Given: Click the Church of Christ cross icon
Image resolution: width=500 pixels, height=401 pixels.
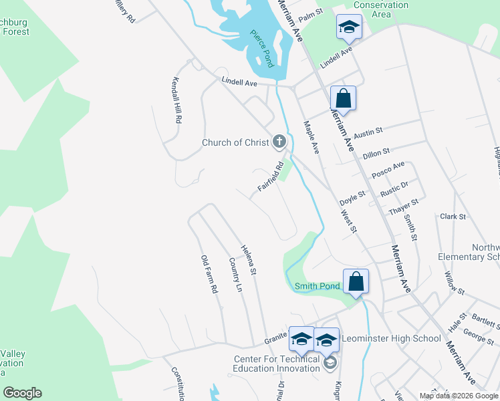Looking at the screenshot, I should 279,142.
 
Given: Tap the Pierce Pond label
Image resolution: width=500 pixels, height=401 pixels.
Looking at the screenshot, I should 263,49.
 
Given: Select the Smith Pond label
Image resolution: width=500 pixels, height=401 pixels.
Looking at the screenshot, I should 318,286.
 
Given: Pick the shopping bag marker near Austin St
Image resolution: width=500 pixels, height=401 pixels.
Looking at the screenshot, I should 343,99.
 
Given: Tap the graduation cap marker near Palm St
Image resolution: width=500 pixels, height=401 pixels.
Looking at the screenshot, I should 348,27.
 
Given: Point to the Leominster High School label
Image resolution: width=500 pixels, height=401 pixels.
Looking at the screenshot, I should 391,338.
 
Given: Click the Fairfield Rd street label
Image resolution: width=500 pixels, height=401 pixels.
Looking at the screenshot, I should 271,177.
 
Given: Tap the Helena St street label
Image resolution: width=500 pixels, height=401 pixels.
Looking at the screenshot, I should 249,259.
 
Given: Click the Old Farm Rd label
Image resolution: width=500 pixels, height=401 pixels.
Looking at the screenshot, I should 210,274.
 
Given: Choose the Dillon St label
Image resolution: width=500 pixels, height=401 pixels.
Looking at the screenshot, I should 376,153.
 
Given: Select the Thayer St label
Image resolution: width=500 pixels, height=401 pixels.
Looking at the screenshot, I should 404,207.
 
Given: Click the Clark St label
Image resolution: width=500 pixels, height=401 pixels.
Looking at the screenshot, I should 453,217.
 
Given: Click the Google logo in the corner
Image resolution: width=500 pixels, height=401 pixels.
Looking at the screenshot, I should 22,393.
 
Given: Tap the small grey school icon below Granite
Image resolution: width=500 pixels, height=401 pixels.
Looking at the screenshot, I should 329,363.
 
